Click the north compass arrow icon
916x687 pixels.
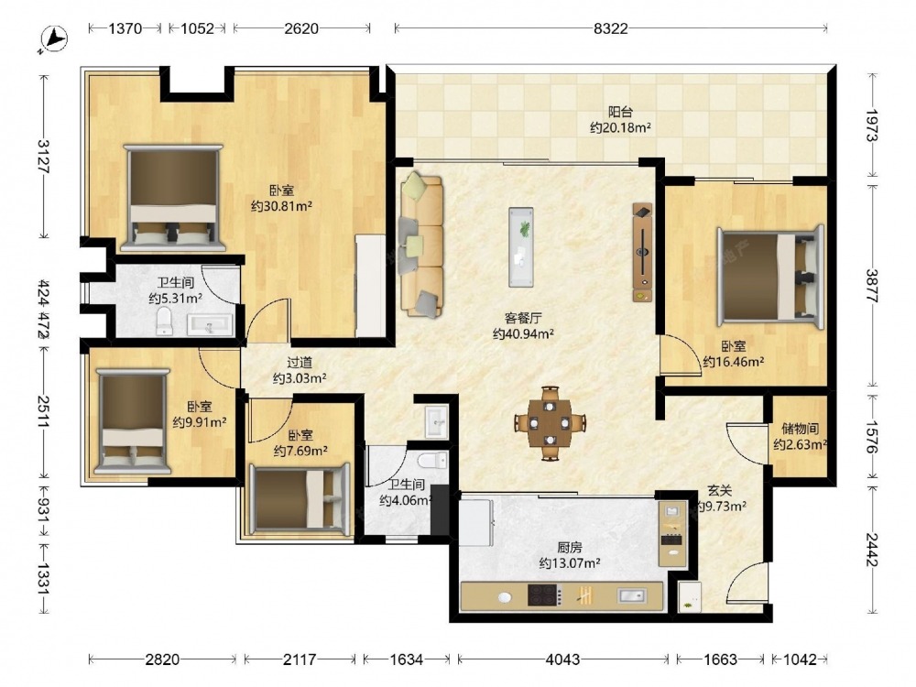(54, 39)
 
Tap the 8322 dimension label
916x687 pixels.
(610, 28)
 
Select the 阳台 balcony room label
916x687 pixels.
(620, 112)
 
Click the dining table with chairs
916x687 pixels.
(550, 423)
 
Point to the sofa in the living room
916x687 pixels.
(421, 245)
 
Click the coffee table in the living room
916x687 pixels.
(520, 246)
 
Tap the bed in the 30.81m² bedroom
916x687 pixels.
(173, 198)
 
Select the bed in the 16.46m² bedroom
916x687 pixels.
(770, 273)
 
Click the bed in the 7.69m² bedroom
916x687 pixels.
(300, 499)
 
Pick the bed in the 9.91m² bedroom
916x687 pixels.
(133, 420)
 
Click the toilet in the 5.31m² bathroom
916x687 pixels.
(164, 322)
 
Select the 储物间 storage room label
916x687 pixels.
(800, 429)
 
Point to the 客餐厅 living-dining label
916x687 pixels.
(523, 319)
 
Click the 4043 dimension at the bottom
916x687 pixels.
(562, 660)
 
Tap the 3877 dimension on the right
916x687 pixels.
(873, 285)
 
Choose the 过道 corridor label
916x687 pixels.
(300, 363)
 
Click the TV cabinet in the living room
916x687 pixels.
(642, 253)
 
